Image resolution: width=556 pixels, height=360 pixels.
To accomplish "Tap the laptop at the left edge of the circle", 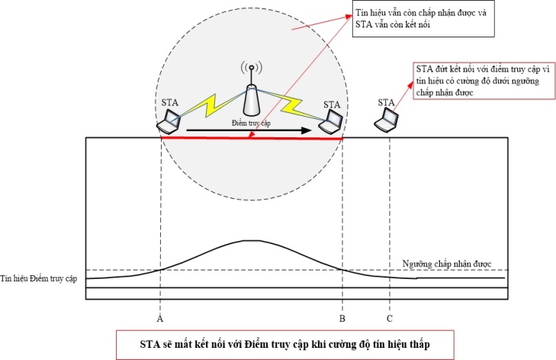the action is tap(169, 121).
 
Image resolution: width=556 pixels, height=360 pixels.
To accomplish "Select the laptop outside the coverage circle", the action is tap(387, 121).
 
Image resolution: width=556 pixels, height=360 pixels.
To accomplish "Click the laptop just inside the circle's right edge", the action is tap(330, 122).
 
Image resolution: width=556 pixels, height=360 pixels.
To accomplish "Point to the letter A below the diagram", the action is tap(160, 319).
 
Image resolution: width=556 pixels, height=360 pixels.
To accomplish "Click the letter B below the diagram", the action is tap(342, 319).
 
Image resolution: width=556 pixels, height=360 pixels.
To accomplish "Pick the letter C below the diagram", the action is tap(389, 319).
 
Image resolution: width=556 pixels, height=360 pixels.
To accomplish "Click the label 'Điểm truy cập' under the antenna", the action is tap(251, 123).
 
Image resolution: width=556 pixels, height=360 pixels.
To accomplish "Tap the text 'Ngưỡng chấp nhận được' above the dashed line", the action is tap(447, 264).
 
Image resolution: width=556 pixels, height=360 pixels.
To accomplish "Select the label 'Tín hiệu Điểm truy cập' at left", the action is tap(38, 278).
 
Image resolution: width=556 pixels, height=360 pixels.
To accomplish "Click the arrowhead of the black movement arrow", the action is tap(307, 130).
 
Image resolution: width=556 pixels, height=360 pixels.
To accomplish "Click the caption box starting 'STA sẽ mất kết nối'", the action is tap(284, 345).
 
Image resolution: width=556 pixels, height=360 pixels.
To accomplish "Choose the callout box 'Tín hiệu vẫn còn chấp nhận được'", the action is tap(423, 18).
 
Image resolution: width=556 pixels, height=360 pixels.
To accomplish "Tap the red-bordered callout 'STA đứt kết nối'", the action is tap(484, 81).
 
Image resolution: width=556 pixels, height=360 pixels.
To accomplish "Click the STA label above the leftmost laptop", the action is tap(169, 103).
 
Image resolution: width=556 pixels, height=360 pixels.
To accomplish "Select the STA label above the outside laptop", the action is tap(386, 102).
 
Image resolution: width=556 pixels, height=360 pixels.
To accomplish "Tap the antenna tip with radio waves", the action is tap(252, 67).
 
